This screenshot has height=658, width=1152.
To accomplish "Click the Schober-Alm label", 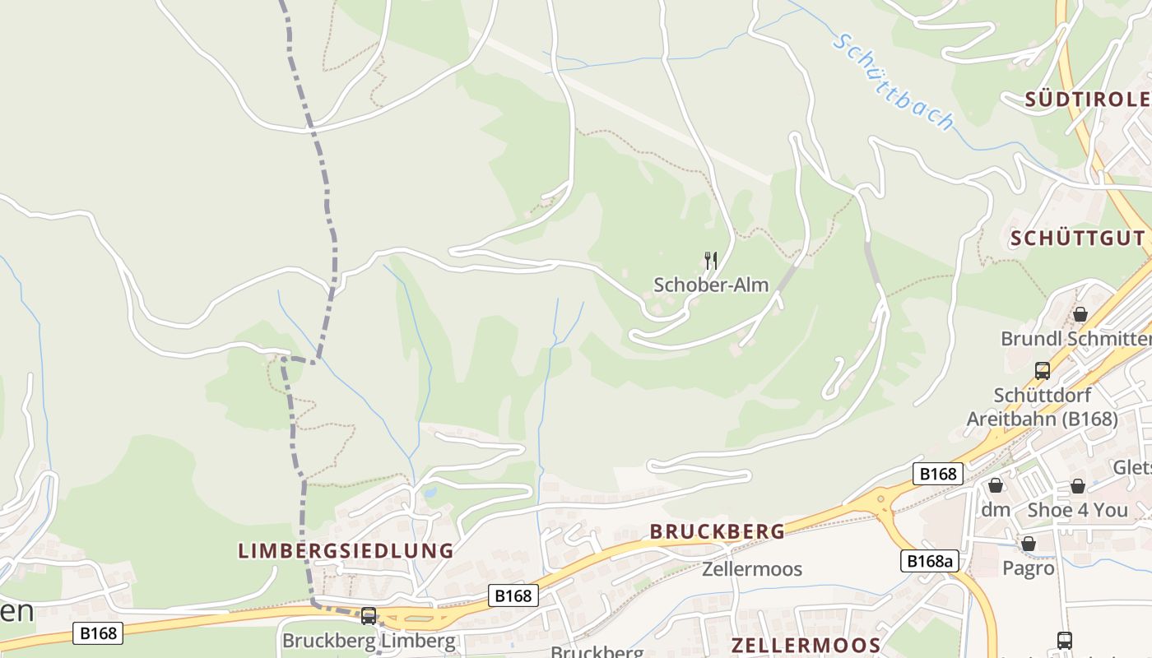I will tap(711, 285).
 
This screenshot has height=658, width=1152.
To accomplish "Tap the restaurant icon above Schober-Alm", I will tap(711, 261).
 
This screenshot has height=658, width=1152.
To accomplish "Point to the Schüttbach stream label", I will tap(894, 82).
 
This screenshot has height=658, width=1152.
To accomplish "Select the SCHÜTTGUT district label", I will tap(1076, 239).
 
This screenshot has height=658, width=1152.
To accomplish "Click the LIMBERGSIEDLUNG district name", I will tap(346, 551).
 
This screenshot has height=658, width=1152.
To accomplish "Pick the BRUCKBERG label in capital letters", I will tap(718, 531).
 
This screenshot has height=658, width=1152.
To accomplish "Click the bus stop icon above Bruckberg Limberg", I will tap(369, 616).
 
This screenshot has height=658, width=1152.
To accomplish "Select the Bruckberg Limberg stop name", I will tap(368, 640).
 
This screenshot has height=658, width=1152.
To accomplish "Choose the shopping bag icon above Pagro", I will tap(1028, 544).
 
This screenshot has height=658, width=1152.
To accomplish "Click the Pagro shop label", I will tap(1028, 568).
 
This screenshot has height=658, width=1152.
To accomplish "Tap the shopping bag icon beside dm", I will tap(995, 485).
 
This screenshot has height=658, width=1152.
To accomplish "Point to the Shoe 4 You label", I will tap(1077, 510).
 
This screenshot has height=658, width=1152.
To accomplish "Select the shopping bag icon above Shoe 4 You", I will tap(1077, 486).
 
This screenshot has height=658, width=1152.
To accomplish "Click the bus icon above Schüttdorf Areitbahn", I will tap(1043, 371).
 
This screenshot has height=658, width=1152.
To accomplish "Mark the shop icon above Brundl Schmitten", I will tap(1080, 314).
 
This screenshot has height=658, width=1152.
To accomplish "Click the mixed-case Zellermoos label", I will tap(751, 568).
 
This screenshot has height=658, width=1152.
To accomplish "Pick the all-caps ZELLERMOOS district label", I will tap(806, 645).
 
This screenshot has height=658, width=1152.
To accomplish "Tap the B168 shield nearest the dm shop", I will tap(938, 474).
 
